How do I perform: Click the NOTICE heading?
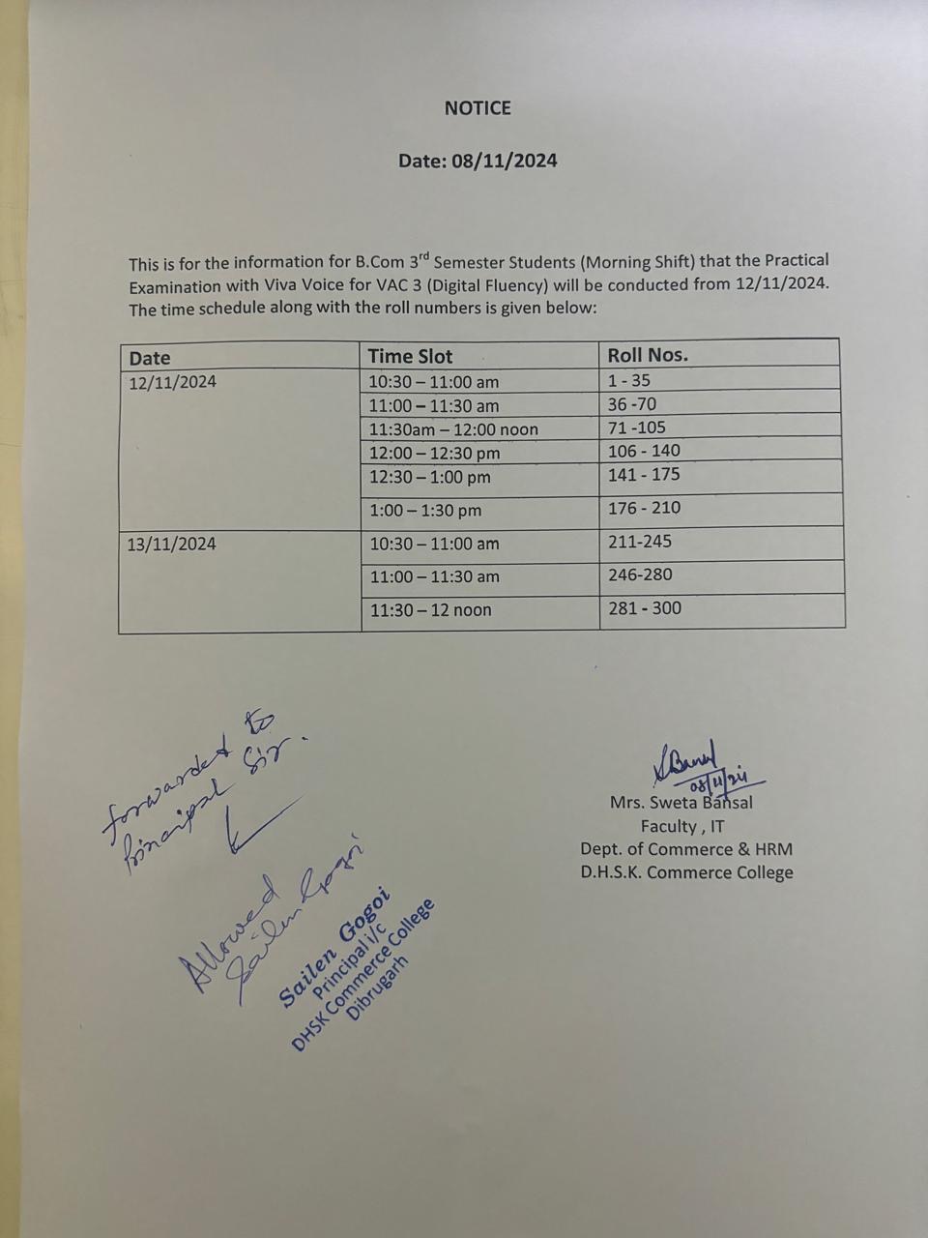[478, 108]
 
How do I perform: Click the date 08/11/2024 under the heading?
[504, 161]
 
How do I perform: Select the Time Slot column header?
[410, 356]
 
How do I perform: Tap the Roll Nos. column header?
[648, 355]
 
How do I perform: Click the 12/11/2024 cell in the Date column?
[173, 382]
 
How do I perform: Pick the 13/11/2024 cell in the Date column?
[172, 544]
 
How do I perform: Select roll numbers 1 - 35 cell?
[629, 381]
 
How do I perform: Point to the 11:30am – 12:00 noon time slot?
[453, 429]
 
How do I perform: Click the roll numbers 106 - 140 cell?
[644, 451]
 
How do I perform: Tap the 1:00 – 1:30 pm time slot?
[425, 510]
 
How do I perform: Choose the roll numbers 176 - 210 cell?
[644, 508]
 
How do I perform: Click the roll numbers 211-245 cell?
[640, 542]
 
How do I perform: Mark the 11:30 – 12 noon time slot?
[430, 610]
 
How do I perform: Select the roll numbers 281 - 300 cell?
[644, 608]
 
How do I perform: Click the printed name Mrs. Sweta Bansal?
[681, 803]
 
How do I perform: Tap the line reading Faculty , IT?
[682, 826]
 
